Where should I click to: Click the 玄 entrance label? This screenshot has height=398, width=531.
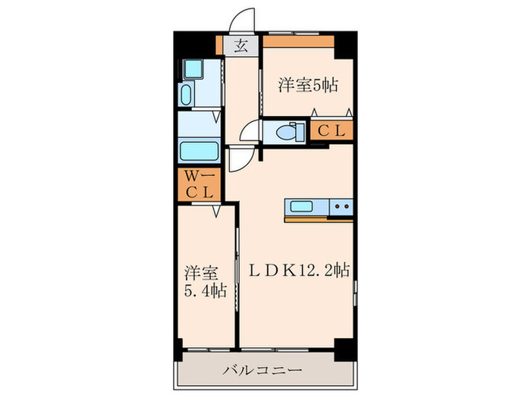pyautogui.click(x=240, y=46)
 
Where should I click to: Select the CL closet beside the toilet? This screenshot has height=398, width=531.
pyautogui.click(x=331, y=131)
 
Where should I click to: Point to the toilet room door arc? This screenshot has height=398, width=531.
pyautogui.click(x=248, y=133)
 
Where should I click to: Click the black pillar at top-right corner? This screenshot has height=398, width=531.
pyautogui.click(x=345, y=42)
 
